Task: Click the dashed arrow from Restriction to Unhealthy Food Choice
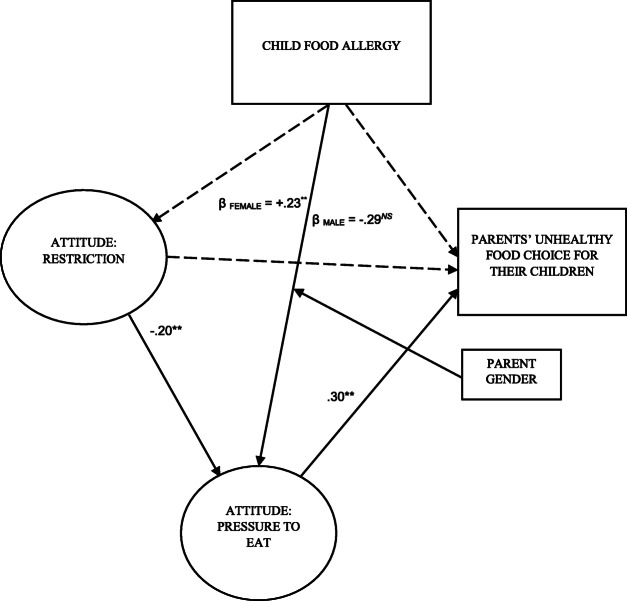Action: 300,264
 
